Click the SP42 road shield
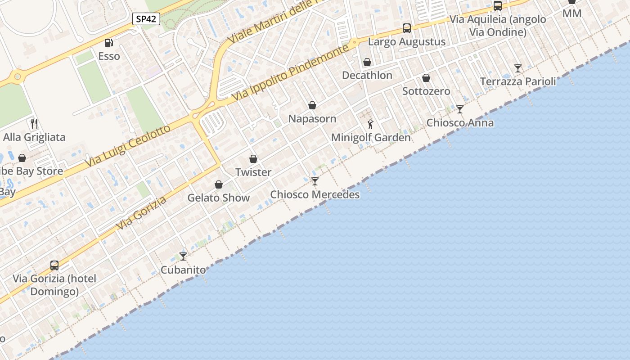point(146,19)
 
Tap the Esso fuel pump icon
point(108,43)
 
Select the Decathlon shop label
point(367,75)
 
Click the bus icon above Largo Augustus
point(407,28)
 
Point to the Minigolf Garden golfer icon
point(370,124)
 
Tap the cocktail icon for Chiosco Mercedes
point(315,181)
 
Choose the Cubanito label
point(183,270)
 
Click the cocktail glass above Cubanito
point(183,256)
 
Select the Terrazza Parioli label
point(518,81)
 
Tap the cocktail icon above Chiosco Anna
point(459,109)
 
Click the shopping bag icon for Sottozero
point(426,78)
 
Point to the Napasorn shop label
point(312,119)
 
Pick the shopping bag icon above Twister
point(253,159)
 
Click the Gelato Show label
point(218,198)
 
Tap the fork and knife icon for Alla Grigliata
point(34,123)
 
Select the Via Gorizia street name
point(141,213)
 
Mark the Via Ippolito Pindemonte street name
point(291,72)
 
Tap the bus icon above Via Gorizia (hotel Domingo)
point(54,265)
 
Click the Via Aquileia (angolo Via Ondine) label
point(498,26)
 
